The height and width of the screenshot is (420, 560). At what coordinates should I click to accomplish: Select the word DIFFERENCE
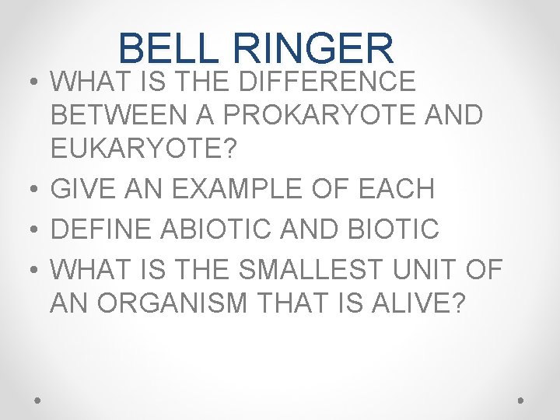point(327,80)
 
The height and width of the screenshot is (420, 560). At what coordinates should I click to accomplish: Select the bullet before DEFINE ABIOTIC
point(29,229)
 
